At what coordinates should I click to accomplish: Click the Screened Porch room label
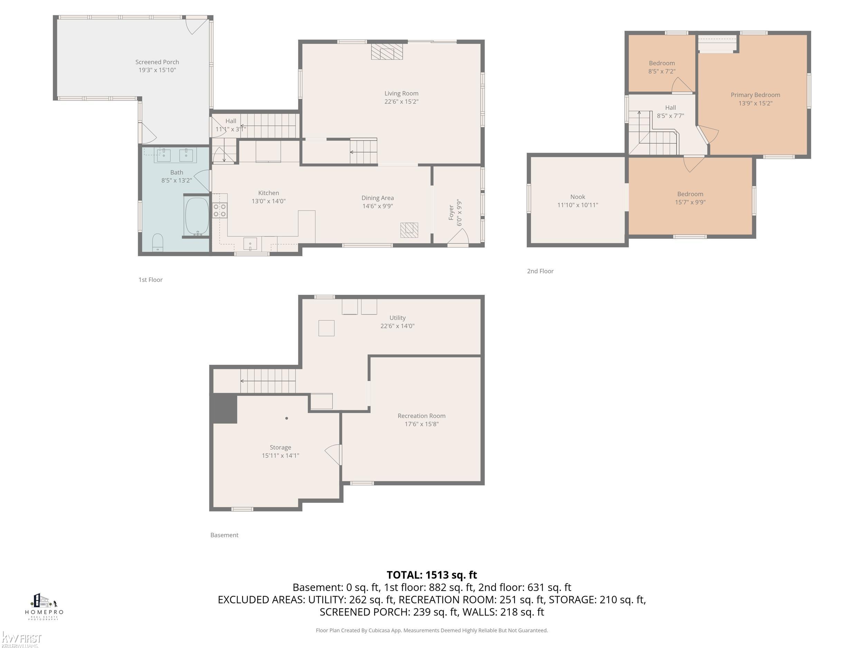tap(157, 62)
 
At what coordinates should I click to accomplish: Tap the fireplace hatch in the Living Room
tap(387, 51)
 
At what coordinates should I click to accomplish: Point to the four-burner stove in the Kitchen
tap(219, 210)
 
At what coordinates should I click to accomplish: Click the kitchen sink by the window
tap(250, 244)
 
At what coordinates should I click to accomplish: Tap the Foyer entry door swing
tap(458, 237)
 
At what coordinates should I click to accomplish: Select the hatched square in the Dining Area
tap(409, 230)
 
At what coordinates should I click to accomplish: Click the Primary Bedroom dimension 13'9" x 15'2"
tap(755, 103)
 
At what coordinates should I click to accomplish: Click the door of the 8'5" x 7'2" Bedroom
tap(681, 86)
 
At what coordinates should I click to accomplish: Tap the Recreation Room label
tap(421, 416)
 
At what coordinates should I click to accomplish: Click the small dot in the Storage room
tap(287, 418)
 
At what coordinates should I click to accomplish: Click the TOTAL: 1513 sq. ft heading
tap(432, 575)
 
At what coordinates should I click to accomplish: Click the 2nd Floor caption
tap(540, 271)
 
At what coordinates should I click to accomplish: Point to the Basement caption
tap(224, 535)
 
